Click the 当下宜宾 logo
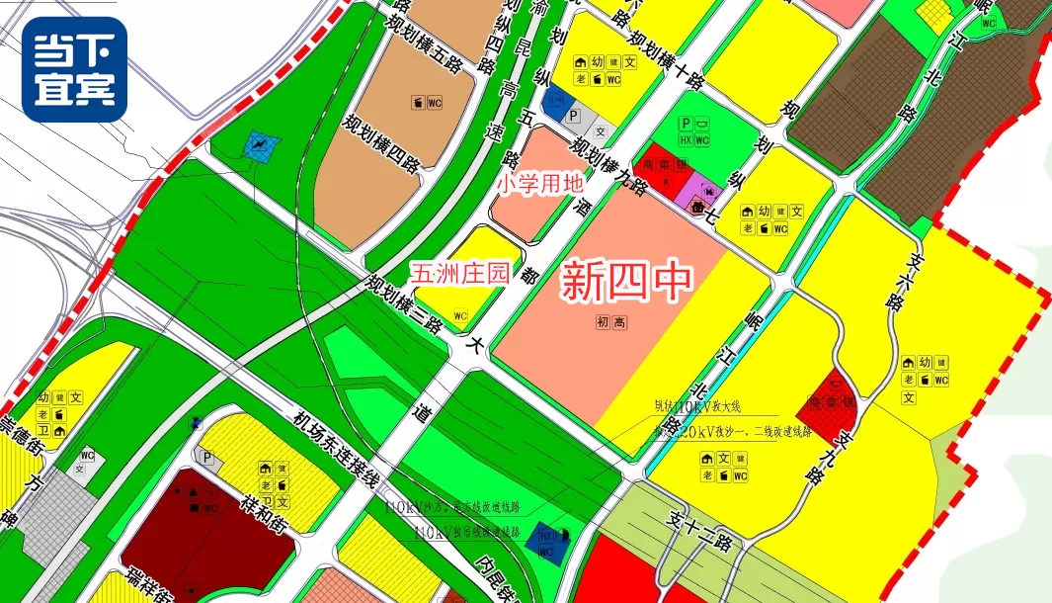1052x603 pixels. click(74, 69)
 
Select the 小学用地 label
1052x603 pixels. click(540, 184)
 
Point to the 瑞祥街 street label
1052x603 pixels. click(137, 582)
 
